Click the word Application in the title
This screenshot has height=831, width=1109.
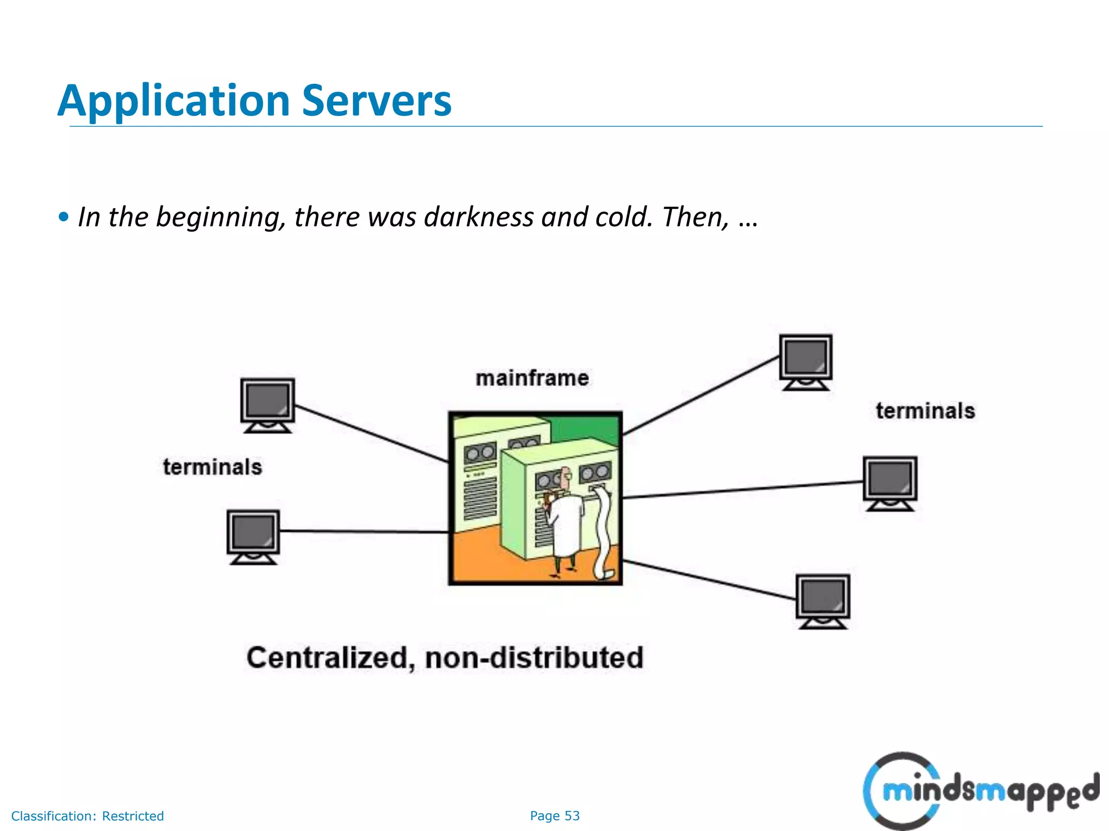pyautogui.click(x=174, y=101)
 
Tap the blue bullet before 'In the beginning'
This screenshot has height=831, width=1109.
pyautogui.click(x=64, y=217)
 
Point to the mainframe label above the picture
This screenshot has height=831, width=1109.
pyautogui.click(x=532, y=378)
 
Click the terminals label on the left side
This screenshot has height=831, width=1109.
pyautogui.click(x=212, y=467)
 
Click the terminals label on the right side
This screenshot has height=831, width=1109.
pyautogui.click(x=925, y=411)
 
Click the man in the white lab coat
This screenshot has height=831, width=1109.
pyautogui.click(x=564, y=519)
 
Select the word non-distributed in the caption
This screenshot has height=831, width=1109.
pyautogui.click(x=534, y=658)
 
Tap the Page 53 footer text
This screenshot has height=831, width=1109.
pyautogui.click(x=554, y=816)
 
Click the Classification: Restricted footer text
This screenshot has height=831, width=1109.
pyautogui.click(x=87, y=816)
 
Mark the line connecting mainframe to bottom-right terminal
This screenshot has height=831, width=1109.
pyautogui.click(x=709, y=580)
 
